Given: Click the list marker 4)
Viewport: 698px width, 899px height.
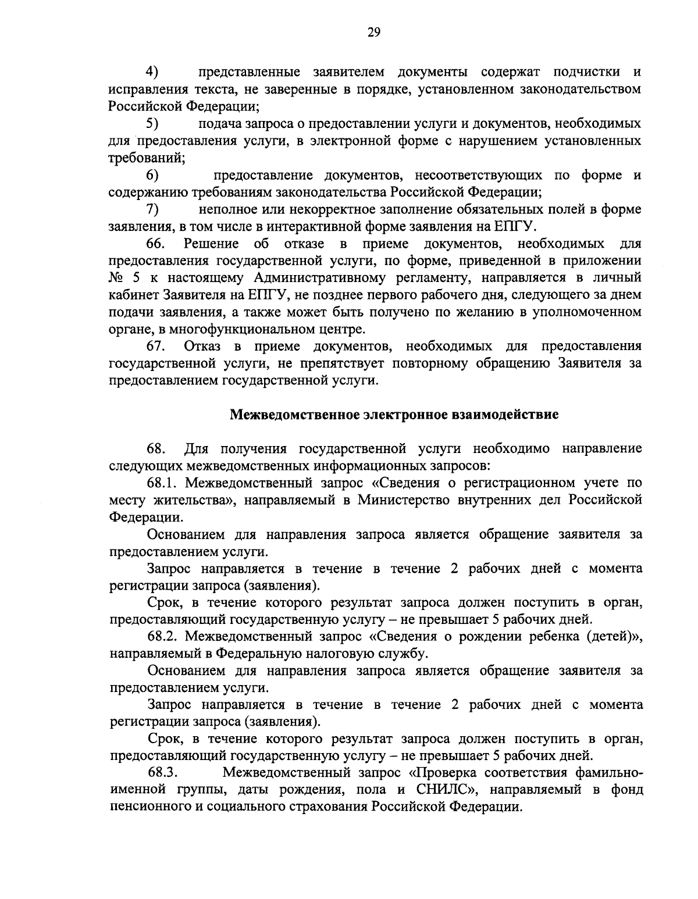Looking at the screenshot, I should pos(152,72).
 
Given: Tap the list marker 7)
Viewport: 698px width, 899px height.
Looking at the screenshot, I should pos(152,209).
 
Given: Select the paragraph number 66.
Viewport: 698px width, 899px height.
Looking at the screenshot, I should pos(156,243).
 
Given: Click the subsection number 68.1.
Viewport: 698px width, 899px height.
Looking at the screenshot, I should pos(164,483).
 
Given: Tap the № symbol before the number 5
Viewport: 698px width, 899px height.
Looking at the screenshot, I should pos(117,277).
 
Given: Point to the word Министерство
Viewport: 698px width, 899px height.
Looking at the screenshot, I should pos(403,500).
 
